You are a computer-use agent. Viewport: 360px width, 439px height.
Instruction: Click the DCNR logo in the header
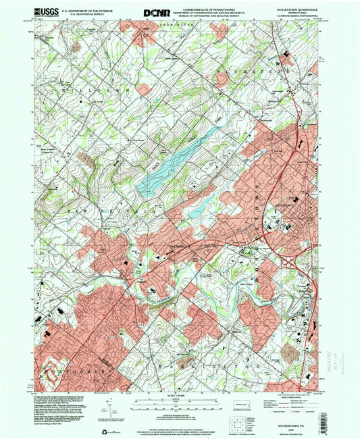[x=157, y=11]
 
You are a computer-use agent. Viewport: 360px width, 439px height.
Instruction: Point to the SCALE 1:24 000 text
[x=180, y=395]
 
